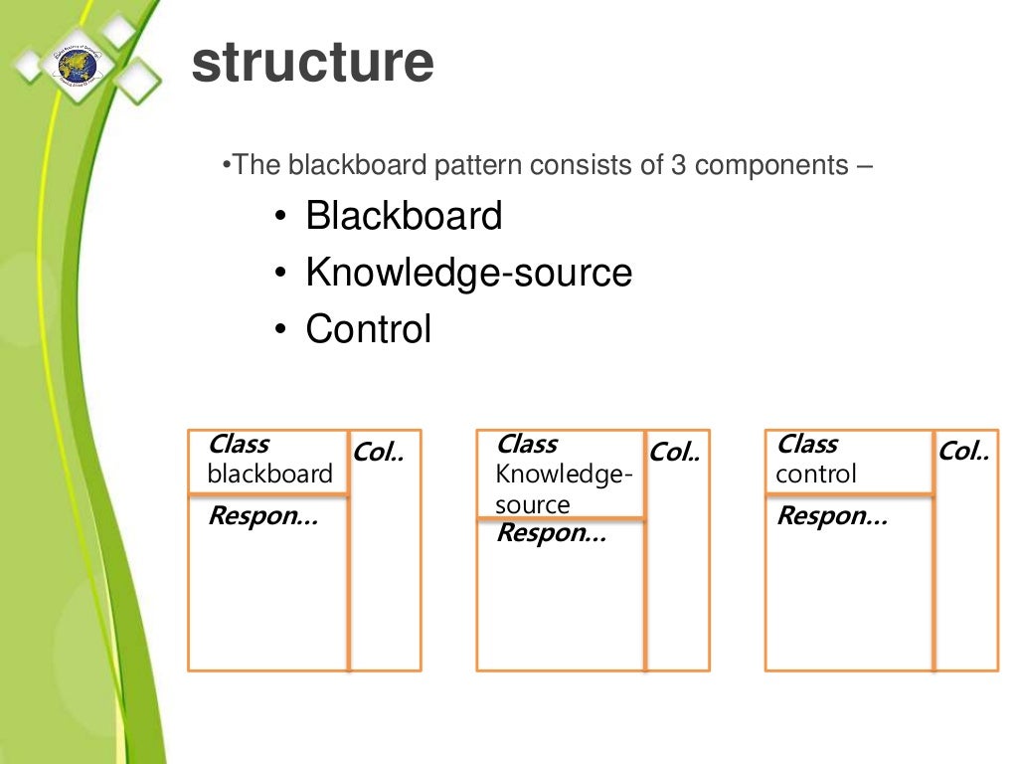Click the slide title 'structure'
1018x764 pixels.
[x=312, y=62]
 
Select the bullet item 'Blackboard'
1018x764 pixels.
[x=404, y=216]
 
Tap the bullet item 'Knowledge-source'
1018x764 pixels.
[x=468, y=273]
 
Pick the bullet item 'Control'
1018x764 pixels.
[x=369, y=329]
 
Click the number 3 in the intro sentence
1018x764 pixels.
[x=678, y=165]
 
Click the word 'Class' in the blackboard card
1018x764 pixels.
[x=239, y=445]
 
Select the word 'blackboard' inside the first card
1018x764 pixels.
[x=269, y=474]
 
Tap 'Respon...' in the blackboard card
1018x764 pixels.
[x=262, y=516]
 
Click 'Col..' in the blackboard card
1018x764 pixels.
[x=379, y=453]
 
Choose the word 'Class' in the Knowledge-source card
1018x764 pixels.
[x=527, y=445]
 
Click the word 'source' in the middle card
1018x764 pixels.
[x=533, y=504]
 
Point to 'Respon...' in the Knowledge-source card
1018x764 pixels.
[x=550, y=533]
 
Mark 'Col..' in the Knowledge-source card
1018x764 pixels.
[x=674, y=453]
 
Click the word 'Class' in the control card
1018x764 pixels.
[x=807, y=445]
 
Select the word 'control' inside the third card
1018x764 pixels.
[x=816, y=474]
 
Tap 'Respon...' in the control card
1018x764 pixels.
[x=831, y=516]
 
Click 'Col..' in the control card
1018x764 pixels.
[x=963, y=453]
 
